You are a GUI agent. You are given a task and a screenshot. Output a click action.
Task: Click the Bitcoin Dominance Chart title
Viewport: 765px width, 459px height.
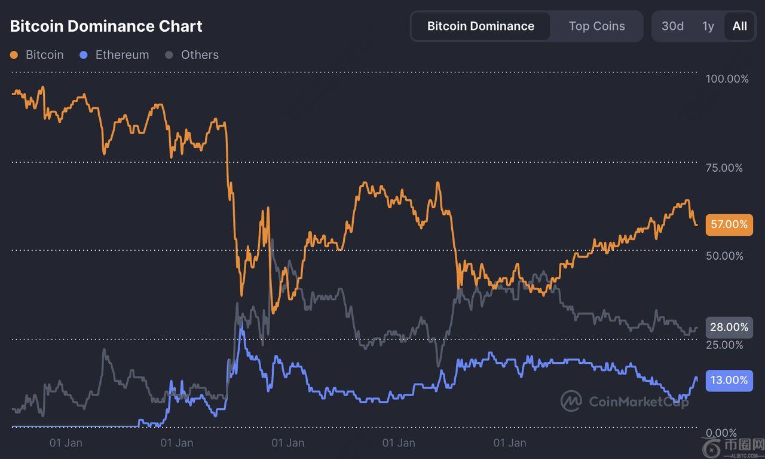106,26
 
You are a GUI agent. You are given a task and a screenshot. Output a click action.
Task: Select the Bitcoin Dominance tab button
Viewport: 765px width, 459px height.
481,26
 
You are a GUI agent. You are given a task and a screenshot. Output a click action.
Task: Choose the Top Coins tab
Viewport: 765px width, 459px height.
596,26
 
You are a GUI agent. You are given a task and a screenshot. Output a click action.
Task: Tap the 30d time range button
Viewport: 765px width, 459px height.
672,26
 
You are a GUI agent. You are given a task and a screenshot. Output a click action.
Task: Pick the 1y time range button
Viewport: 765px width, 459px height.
708,26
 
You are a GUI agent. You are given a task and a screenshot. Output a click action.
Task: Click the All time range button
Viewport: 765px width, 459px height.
739,26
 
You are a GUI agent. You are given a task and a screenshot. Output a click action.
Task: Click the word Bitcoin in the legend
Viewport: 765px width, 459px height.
44,55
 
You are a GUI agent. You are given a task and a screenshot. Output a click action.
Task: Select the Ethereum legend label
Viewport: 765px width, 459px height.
122,55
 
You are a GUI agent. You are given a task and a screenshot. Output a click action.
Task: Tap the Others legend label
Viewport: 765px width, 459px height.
200,55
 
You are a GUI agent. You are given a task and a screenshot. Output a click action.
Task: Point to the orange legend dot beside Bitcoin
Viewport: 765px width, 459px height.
14,55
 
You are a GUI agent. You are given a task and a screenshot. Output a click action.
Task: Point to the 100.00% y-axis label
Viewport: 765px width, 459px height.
727,79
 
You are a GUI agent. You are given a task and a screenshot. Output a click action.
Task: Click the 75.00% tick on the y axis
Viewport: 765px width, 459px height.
724,168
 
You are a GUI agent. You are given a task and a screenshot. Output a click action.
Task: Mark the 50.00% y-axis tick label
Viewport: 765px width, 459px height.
724,256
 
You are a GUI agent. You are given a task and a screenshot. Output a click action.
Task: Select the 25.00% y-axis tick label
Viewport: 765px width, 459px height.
724,345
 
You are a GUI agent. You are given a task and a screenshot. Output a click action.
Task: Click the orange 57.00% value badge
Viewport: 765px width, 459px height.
729,224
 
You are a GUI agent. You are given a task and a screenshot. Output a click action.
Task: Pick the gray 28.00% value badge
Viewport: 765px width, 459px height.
729,327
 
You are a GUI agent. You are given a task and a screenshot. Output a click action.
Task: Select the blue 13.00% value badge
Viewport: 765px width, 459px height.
729,380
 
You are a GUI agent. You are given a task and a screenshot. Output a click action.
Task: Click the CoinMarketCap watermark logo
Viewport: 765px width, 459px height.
571,401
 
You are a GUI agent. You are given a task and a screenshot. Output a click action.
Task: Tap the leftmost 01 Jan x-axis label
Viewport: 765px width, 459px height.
66,443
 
